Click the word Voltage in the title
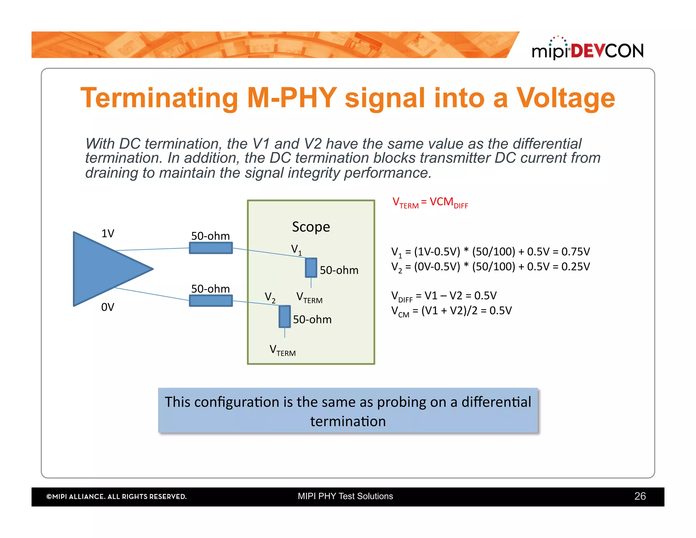point(565,98)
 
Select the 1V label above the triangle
point(108,234)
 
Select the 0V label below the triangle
point(108,307)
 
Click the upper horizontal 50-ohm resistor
point(211,248)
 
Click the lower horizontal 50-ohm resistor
point(211,301)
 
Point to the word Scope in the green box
point(311,227)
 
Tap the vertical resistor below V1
point(311,268)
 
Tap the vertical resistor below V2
point(284,317)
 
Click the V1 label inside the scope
point(296,250)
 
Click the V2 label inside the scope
point(270,297)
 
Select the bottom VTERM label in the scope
point(282,350)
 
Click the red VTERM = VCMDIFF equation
point(430,203)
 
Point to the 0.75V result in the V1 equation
point(575,252)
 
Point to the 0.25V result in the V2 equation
point(575,267)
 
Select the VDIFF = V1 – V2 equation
point(443,296)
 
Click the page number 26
point(640,496)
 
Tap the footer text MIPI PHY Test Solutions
point(345,496)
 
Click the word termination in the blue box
point(348,422)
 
